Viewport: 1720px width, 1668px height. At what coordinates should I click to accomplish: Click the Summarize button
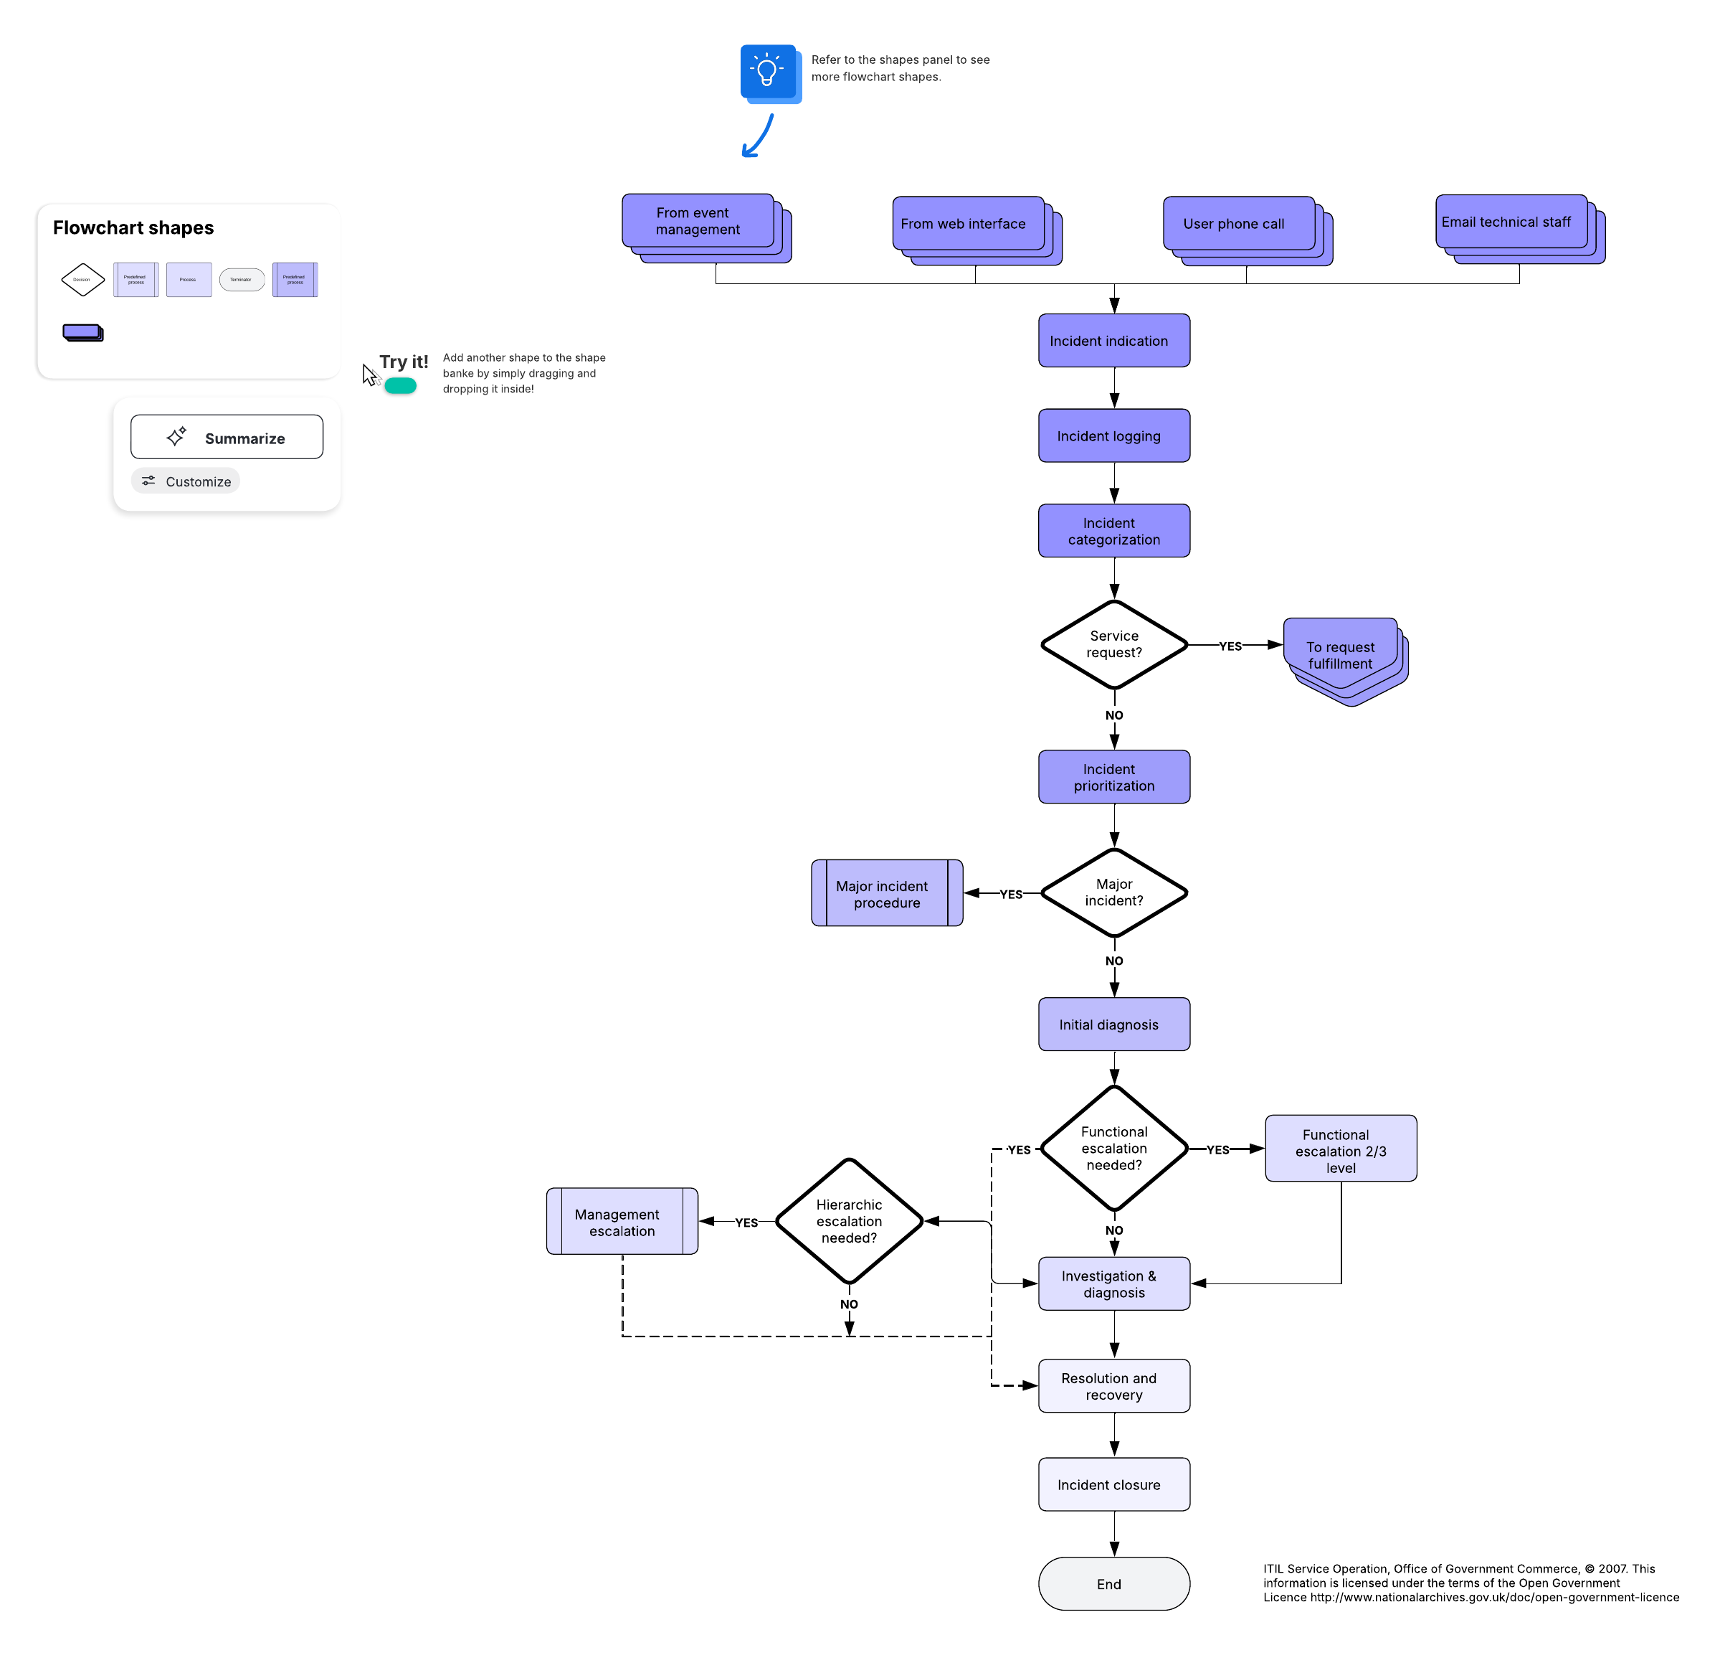[x=227, y=437]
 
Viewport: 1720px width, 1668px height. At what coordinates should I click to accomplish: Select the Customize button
[x=185, y=481]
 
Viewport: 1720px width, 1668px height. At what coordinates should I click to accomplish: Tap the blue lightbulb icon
[x=768, y=71]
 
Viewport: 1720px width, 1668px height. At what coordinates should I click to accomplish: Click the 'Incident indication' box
[x=1113, y=341]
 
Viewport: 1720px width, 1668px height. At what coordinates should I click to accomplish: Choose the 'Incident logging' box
[x=1113, y=435]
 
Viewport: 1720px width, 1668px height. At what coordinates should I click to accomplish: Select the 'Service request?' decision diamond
[x=1113, y=644]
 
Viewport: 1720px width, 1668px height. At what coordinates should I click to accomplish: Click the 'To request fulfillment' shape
[x=1340, y=655]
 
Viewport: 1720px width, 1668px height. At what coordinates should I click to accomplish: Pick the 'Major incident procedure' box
[x=886, y=894]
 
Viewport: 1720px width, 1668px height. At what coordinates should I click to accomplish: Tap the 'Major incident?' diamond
[x=1113, y=892]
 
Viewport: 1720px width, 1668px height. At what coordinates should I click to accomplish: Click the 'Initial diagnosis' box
[x=1113, y=1024]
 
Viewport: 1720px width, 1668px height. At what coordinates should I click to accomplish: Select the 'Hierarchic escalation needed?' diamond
[x=849, y=1221]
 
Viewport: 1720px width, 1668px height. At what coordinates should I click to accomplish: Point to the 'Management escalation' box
[x=622, y=1222]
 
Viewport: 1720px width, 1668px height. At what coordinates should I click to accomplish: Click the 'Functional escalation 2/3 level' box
[x=1340, y=1149]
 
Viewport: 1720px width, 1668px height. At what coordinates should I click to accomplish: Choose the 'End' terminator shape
[x=1113, y=1584]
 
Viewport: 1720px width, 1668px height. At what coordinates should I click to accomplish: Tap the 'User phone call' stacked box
[x=1238, y=224]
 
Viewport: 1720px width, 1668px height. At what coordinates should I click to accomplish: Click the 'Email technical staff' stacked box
[x=1510, y=222]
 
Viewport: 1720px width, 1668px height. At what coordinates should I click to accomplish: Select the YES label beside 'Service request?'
[x=1230, y=646]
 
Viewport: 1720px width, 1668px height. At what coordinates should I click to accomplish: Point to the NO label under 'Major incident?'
[x=1113, y=961]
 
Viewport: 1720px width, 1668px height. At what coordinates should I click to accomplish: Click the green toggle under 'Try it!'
[x=400, y=385]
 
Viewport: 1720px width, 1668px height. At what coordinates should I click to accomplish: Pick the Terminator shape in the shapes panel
[x=242, y=279]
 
